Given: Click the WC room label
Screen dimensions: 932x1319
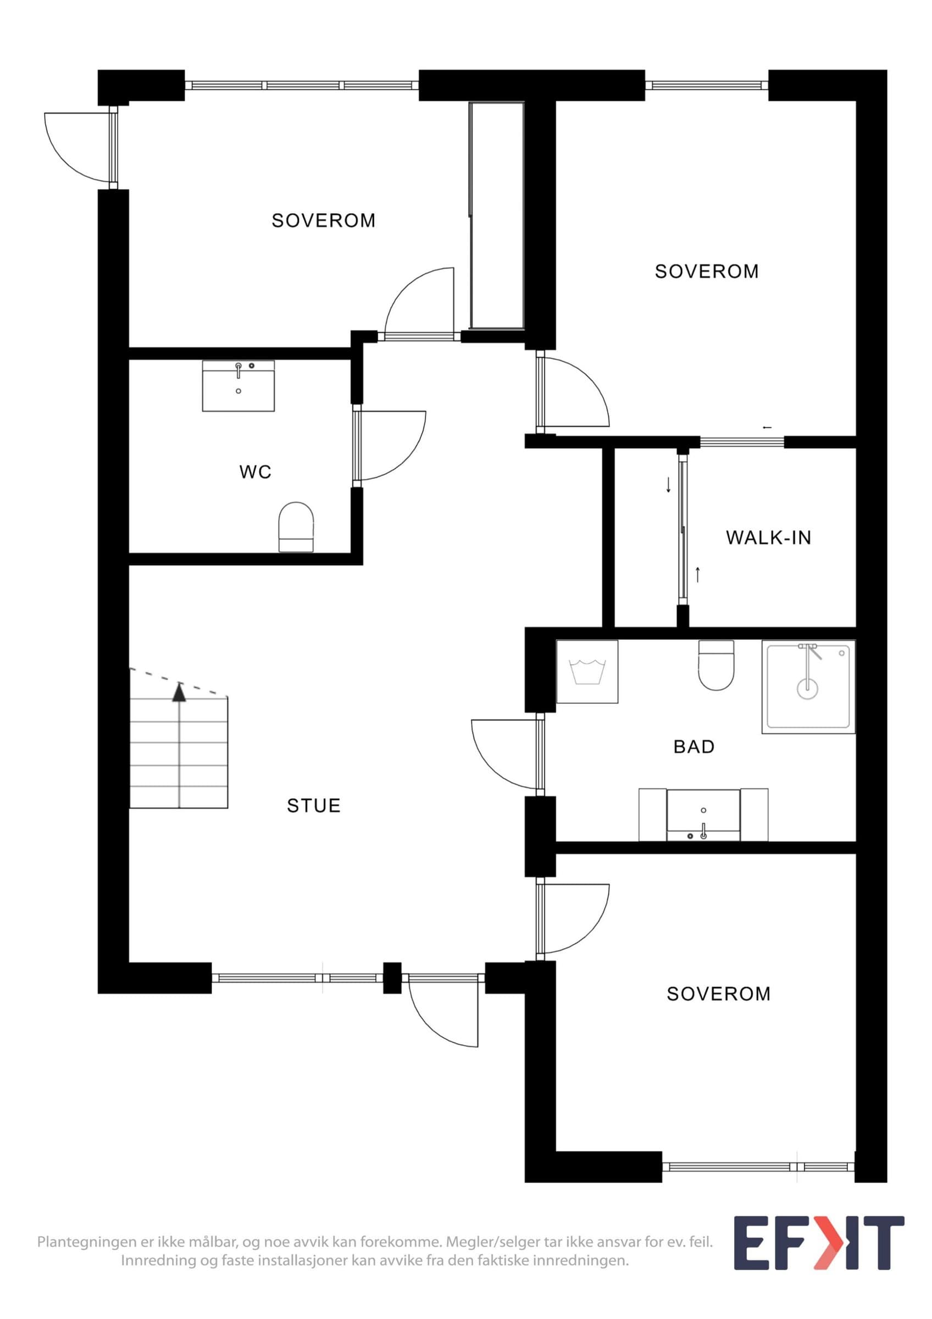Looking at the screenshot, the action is pos(255,472).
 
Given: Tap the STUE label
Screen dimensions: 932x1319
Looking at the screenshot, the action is pos(314,806).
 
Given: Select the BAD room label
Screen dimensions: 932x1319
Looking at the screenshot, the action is pos(694,746).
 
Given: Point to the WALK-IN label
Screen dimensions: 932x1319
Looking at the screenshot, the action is pos(768,537).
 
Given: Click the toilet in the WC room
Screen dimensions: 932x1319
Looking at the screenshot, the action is pos(296,527).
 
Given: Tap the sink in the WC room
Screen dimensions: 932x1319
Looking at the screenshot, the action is pos(238,386).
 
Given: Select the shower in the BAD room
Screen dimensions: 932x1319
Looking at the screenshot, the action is pos(808,686).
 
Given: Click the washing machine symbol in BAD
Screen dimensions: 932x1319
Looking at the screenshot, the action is pos(587,672).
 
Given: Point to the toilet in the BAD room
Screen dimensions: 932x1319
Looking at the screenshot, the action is pos(717,665).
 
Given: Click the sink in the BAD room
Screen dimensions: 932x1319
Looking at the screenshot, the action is pos(703,814).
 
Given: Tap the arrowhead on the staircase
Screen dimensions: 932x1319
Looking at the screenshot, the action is pos(180,694).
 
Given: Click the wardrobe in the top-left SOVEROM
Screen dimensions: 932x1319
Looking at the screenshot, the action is pos(497,215).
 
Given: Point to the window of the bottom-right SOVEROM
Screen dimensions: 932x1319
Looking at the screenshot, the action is pos(758,1167).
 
